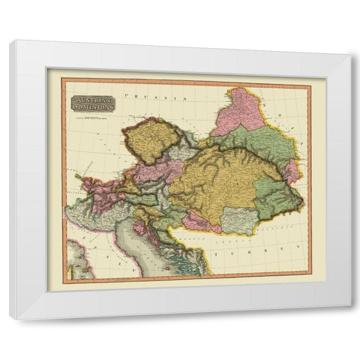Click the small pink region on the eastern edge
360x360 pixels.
click(x=291, y=172)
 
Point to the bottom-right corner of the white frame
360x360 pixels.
click(x=350, y=307)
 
